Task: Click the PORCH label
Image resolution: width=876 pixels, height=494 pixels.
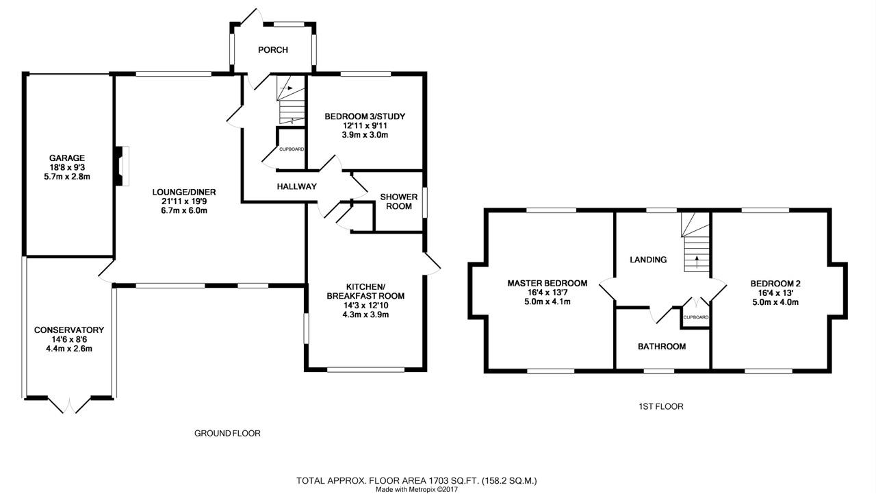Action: click(x=272, y=50)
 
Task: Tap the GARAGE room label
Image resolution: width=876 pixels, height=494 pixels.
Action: click(x=66, y=158)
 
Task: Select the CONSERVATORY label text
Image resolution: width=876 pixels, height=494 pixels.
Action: click(x=68, y=330)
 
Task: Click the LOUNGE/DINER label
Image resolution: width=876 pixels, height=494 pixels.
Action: click(x=179, y=192)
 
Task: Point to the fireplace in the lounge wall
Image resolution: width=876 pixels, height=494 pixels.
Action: click(x=120, y=165)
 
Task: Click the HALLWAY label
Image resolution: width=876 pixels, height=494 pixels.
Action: click(x=297, y=186)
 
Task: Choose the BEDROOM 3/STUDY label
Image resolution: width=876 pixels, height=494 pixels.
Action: click(x=365, y=116)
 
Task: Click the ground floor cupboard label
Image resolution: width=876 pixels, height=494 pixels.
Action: click(x=292, y=149)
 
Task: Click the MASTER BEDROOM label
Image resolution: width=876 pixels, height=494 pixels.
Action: click(x=547, y=283)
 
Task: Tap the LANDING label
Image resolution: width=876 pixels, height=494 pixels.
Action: click(x=648, y=260)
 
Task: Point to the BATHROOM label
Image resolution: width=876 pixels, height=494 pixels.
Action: click(x=662, y=347)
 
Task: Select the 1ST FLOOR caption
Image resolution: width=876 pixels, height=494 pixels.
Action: click(x=656, y=406)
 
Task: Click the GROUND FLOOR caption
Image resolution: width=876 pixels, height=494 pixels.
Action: click(x=227, y=433)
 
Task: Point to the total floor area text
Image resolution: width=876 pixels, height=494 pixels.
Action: click(x=421, y=480)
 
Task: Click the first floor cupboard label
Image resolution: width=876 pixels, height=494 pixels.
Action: click(x=695, y=317)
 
